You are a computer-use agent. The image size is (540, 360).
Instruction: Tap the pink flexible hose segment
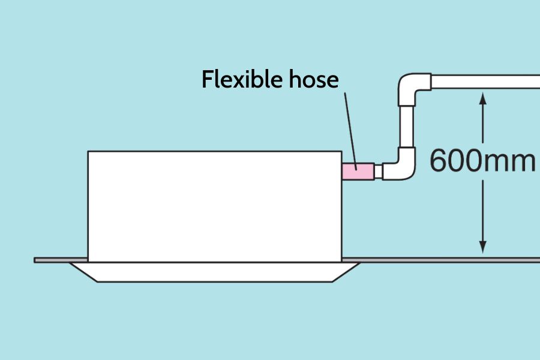coord(358,171)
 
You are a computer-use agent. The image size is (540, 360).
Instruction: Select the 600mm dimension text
coord(482,161)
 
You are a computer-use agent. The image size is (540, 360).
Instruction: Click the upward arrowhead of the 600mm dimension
coord(483,98)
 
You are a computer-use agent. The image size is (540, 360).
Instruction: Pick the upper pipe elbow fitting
coord(414,89)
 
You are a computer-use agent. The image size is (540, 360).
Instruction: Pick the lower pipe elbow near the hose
coord(400,164)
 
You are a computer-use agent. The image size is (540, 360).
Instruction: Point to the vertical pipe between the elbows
coord(407,127)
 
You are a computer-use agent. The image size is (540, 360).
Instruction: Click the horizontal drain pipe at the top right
coord(485,82)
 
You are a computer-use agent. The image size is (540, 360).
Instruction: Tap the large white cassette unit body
coord(215,206)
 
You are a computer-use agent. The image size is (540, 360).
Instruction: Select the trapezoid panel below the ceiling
coord(215,272)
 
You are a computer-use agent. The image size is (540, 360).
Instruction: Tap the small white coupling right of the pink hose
coord(379,172)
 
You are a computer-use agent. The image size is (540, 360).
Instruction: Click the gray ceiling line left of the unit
coord(61,260)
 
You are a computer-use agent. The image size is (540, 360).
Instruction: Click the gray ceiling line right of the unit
coord(441,260)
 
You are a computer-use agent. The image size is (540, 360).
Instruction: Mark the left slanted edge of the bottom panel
coord(83,272)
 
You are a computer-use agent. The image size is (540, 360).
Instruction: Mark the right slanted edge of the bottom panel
coord(346,272)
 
